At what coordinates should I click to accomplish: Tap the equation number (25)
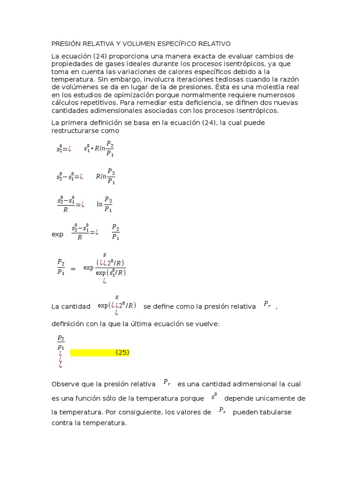click(122, 352)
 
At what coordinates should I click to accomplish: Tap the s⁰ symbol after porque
click(214, 396)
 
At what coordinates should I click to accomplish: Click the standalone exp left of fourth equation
click(57, 234)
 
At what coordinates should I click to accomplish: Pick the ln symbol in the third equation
click(99, 204)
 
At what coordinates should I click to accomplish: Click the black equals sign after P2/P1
click(73, 269)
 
